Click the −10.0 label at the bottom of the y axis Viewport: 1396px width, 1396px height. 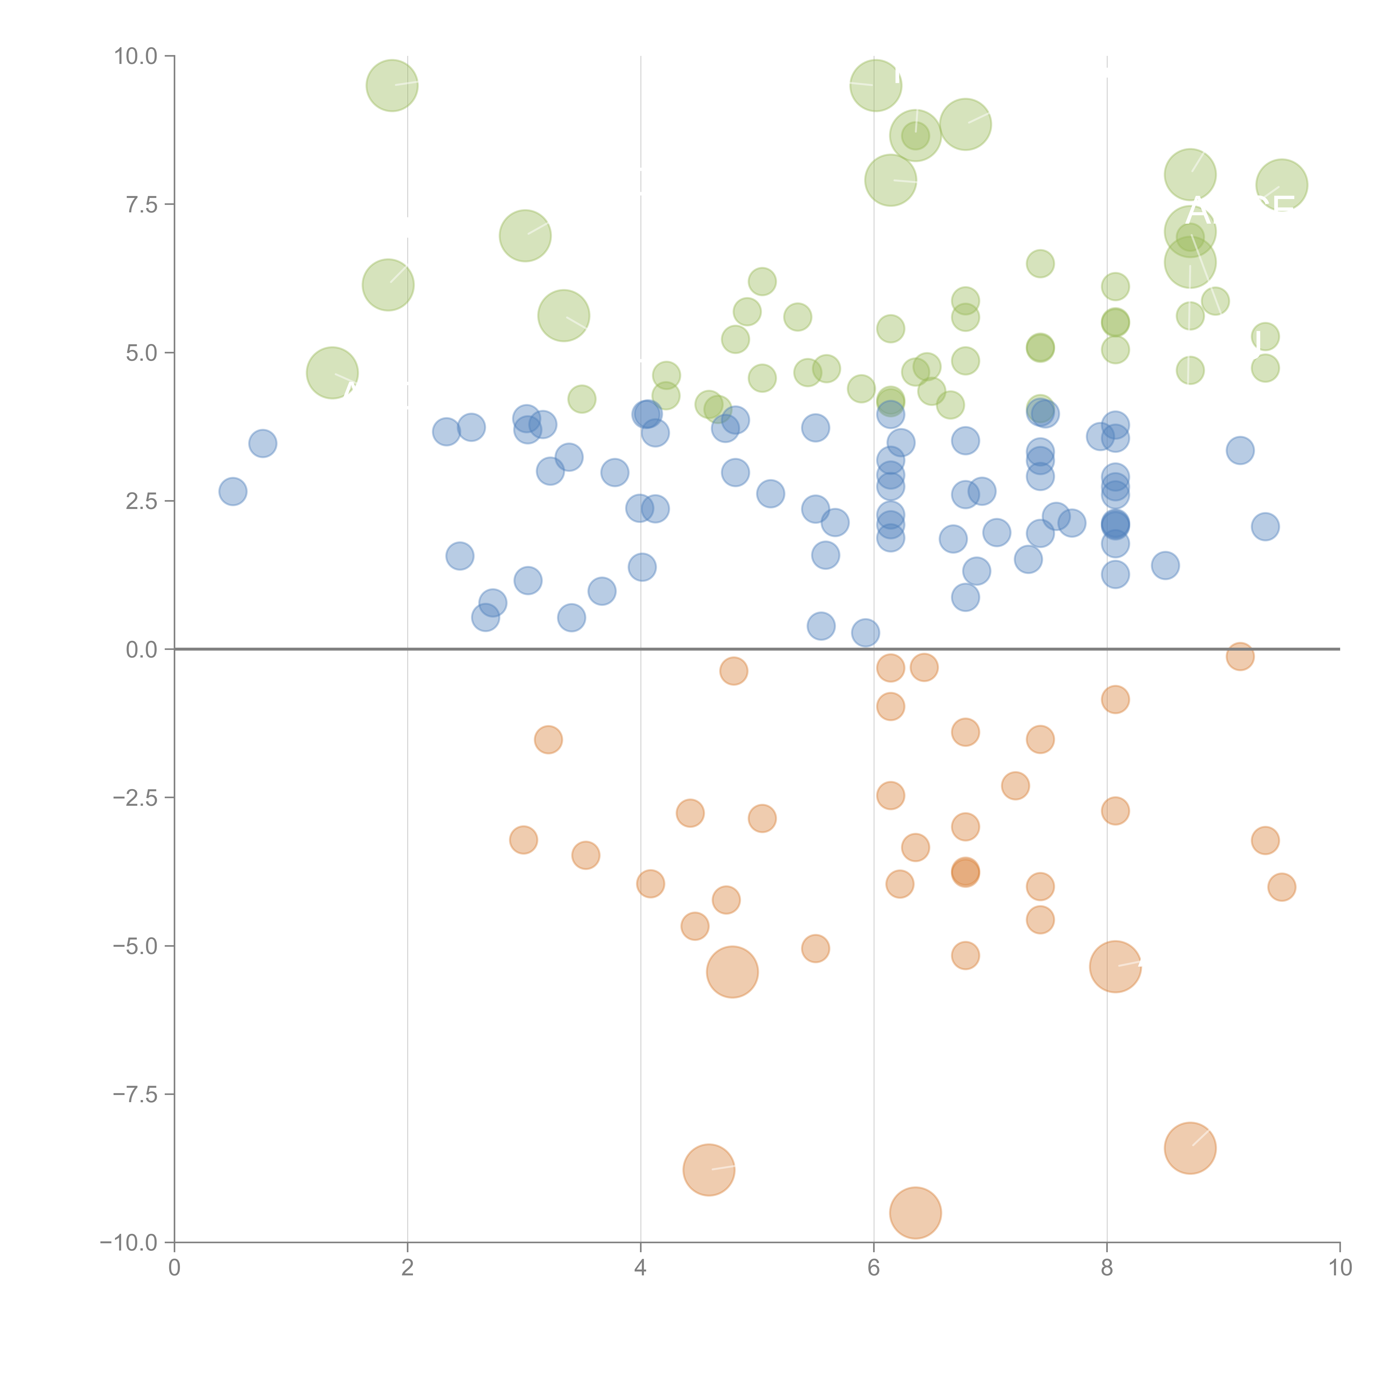(130, 1243)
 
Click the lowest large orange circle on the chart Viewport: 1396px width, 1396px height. (915, 1213)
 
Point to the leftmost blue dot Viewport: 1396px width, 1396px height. (233, 491)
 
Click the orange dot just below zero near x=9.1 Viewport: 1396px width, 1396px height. (1240, 656)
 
